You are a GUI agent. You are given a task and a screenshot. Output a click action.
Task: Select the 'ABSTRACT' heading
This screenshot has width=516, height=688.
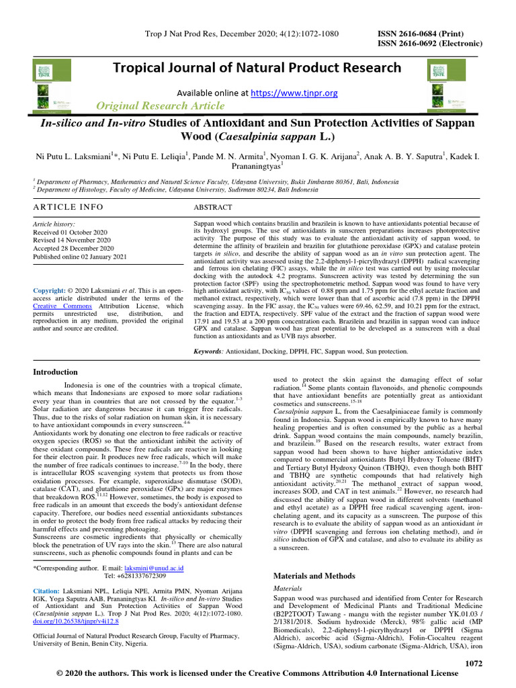pos(213,208)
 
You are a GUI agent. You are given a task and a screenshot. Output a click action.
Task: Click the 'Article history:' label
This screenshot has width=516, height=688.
pos(54,224)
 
